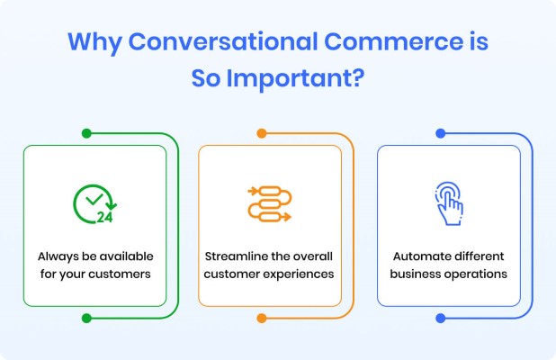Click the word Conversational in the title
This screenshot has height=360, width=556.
click(x=223, y=41)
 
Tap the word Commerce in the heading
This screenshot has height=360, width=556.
click(x=393, y=41)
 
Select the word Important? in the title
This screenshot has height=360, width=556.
click(x=295, y=79)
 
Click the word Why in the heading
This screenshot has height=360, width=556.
click(x=94, y=43)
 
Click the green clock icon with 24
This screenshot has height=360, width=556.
click(x=95, y=204)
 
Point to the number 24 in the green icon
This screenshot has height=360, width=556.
click(x=104, y=217)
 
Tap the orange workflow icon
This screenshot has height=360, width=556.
click(x=270, y=204)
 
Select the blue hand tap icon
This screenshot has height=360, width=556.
click(x=449, y=203)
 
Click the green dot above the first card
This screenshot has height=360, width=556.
click(x=86, y=133)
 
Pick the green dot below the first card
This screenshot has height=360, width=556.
click(x=86, y=318)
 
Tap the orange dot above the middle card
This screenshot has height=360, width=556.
click(x=262, y=133)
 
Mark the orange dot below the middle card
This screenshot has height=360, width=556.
click(x=262, y=318)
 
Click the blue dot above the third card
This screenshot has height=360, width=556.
click(x=441, y=133)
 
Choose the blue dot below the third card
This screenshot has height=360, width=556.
click(x=441, y=318)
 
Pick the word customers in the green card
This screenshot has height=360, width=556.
click(x=120, y=274)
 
